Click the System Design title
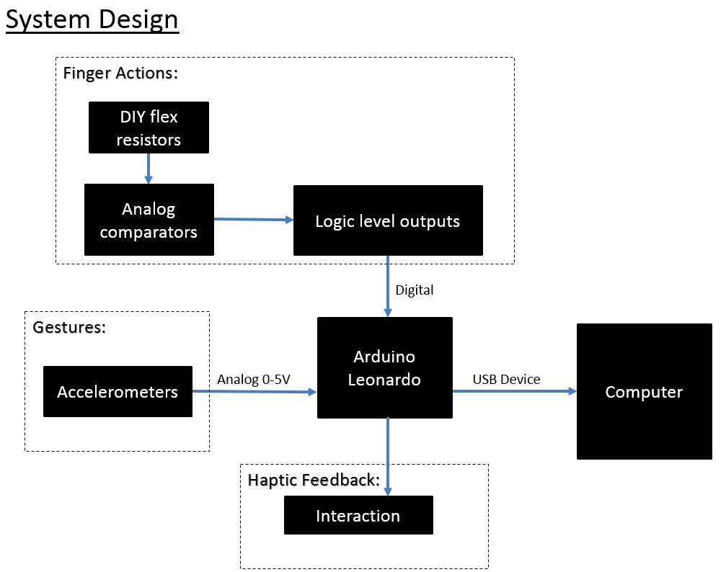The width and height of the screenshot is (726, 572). tap(92, 20)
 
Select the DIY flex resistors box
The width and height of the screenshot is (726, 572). tap(149, 128)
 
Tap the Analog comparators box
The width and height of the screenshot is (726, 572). tap(149, 220)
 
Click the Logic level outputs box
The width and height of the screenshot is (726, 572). tap(388, 220)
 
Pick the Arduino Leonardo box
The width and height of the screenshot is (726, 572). tap(385, 368)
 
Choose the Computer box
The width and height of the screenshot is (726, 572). tap(644, 391)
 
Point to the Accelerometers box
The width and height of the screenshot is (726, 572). tap(118, 391)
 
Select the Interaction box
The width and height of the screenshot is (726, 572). tap(358, 515)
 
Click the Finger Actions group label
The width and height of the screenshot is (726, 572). tap(120, 73)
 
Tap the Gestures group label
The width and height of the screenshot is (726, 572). tap(69, 327)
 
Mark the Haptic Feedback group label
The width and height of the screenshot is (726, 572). tap(314, 480)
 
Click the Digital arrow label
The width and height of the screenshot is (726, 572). tap(415, 290)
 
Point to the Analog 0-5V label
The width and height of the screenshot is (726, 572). tap(254, 380)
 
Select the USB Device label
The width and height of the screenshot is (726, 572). tap(507, 380)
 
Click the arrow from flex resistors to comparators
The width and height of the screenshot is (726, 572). tap(149, 169)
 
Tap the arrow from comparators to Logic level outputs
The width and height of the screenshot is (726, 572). tap(254, 219)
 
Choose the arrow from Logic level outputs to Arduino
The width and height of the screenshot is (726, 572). tap(388, 287)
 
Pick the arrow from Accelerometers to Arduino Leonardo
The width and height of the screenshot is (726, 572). tap(254, 391)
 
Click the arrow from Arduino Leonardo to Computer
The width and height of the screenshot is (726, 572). tap(515, 391)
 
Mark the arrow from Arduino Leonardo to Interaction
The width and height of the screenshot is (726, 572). tap(388, 457)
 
